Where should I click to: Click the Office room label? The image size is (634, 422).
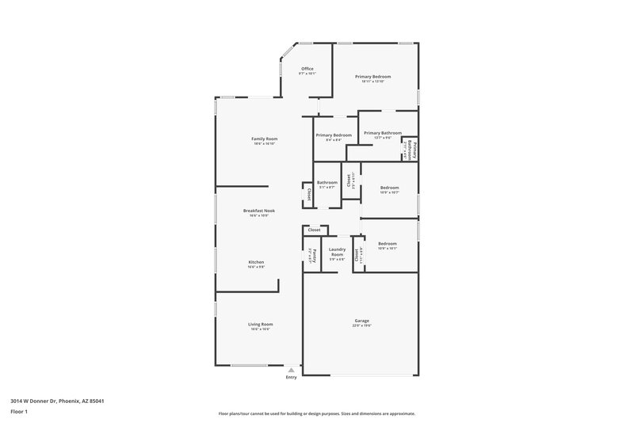click(x=307, y=69)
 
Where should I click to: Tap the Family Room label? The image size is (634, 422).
click(x=265, y=139)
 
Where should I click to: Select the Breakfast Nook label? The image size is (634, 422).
click(x=259, y=211)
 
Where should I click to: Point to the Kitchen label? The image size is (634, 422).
click(x=256, y=262)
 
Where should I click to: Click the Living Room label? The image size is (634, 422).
click(x=261, y=324)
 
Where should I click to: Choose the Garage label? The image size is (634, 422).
click(x=362, y=321)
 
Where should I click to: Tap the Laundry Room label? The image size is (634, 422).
click(x=337, y=252)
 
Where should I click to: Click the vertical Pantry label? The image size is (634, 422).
click(x=312, y=254)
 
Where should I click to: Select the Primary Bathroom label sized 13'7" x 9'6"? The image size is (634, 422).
click(x=383, y=133)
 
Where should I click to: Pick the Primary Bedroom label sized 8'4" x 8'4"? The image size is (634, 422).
click(x=334, y=135)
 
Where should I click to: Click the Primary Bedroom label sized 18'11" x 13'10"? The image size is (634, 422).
click(x=373, y=77)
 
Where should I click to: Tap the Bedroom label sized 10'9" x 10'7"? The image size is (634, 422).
click(x=389, y=188)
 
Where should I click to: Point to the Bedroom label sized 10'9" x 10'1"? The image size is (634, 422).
click(x=387, y=244)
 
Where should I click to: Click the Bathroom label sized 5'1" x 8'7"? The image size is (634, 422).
click(x=327, y=183)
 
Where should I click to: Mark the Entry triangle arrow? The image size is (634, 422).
click(x=292, y=370)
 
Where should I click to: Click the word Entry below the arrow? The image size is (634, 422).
click(x=292, y=378)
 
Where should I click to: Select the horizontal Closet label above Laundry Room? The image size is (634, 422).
click(x=314, y=230)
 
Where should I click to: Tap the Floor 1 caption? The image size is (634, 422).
click(x=19, y=412)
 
